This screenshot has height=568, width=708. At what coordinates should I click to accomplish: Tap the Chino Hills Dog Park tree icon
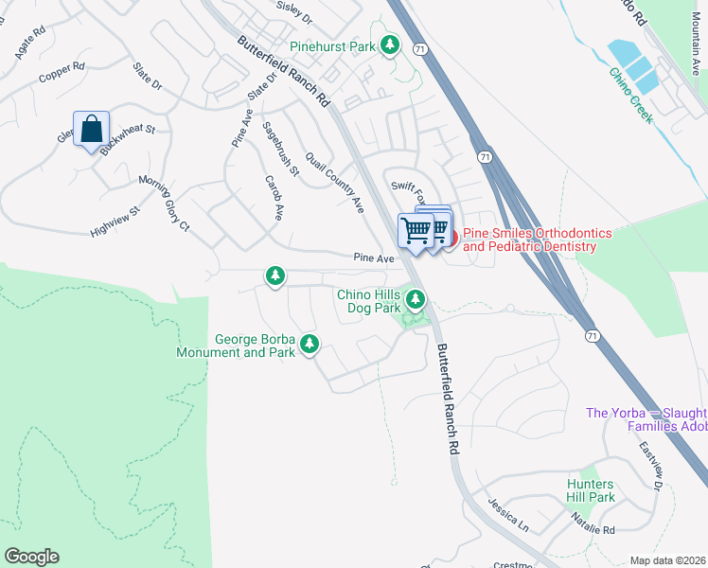(416, 301)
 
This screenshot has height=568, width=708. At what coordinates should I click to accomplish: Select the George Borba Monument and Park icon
(309, 345)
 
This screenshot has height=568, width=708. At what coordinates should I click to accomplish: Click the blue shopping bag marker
(91, 130)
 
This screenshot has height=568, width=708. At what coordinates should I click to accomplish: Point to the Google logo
(31, 557)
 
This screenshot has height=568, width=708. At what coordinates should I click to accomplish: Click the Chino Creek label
(631, 95)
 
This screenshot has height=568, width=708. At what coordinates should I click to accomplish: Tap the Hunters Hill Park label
(591, 490)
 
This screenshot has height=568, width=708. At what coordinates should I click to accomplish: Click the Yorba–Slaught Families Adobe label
(646, 419)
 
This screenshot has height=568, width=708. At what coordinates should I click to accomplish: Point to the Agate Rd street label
(29, 44)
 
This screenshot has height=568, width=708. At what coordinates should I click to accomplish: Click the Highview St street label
(115, 218)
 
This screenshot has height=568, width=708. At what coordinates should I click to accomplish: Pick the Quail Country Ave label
(334, 182)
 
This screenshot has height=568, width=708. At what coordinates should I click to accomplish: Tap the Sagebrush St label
(281, 149)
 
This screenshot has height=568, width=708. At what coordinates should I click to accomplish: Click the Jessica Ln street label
(508, 515)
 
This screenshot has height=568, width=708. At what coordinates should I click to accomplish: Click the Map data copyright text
(667, 560)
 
